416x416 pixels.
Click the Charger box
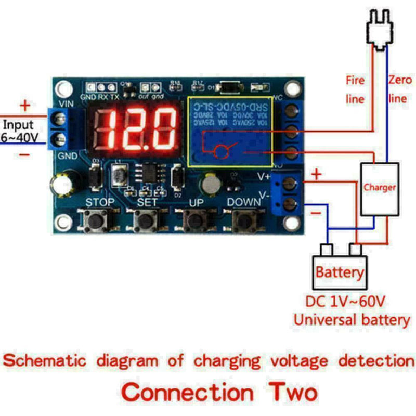coord(380,188)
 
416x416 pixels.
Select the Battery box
coord(340,271)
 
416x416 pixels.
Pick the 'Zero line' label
coord(399,89)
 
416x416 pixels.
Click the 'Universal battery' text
coord(352,319)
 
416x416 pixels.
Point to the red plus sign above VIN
coord(24,107)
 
